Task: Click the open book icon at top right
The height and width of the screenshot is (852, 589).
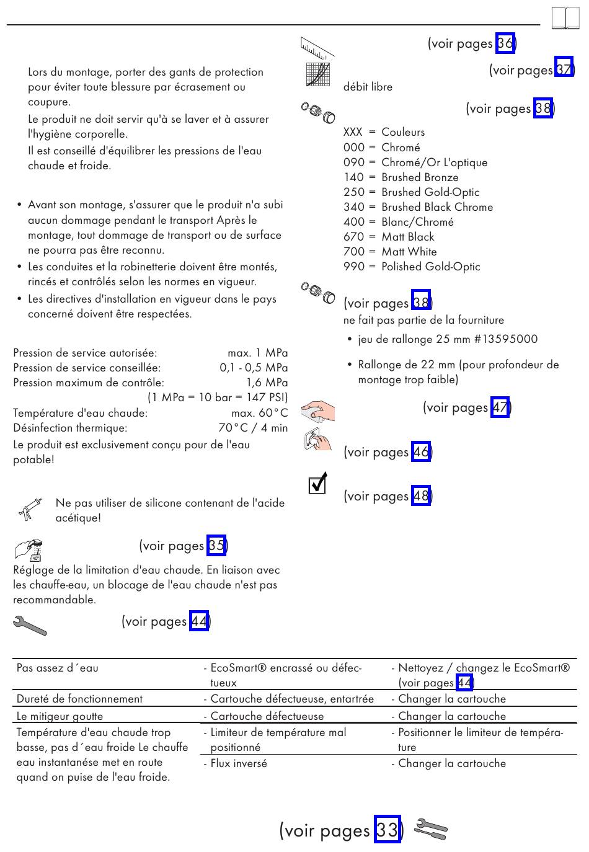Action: click(565, 18)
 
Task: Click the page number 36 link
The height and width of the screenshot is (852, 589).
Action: click(505, 43)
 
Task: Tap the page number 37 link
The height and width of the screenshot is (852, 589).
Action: click(564, 70)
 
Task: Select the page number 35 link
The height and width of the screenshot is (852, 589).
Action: click(216, 546)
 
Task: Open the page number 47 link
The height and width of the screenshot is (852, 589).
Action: click(500, 407)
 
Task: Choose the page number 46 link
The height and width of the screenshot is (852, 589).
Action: click(421, 452)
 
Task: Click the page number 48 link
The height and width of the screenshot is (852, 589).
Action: click(421, 496)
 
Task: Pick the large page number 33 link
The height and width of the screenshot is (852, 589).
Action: click(387, 830)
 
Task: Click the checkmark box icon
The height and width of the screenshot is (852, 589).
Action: click(317, 484)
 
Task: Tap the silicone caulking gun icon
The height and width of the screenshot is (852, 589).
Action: click(30, 509)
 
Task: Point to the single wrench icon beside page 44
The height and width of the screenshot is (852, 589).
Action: click(30, 626)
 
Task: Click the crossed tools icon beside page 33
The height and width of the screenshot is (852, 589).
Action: click(430, 829)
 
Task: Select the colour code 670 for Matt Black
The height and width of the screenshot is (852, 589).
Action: click(354, 237)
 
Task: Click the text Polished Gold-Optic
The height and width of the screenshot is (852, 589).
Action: click(431, 267)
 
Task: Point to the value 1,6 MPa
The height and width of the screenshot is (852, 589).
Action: click(267, 383)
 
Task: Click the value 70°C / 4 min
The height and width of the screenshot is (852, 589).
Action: click(253, 428)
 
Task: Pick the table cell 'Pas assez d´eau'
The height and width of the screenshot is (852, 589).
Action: click(58, 668)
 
